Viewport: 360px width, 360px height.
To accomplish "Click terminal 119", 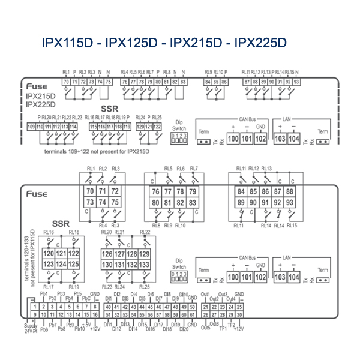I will coord(127,127).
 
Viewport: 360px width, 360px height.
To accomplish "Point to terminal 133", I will coord(144,264).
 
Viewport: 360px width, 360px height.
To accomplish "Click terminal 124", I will coord(61,264).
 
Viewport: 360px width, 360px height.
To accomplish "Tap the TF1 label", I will coord(223,329).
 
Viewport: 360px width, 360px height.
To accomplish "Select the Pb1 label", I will coord(44,294).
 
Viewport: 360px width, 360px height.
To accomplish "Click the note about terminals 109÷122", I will coord(97,151).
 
